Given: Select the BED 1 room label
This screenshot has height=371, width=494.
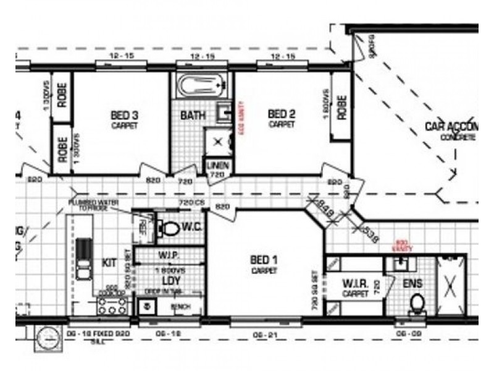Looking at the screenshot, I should tap(264, 260).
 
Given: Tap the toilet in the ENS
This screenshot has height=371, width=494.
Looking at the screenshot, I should tap(418, 304).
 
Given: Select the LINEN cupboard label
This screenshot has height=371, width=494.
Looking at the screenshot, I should tap(217, 165).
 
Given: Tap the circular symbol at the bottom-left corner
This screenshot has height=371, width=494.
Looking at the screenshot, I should tap(48, 338).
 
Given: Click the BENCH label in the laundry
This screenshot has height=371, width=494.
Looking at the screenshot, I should tap(180, 307).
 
